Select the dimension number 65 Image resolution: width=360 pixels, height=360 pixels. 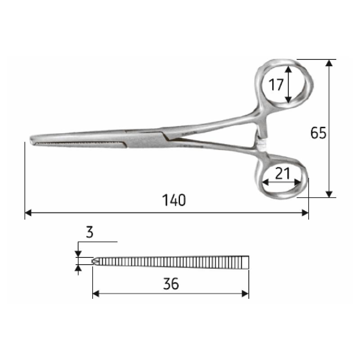point(318,133)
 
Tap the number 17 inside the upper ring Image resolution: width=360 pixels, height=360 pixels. point(276,84)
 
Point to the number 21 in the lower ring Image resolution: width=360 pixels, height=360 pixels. point(282,173)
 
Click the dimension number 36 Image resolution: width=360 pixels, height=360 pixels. point(171,283)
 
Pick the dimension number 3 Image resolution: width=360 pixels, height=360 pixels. point(89,232)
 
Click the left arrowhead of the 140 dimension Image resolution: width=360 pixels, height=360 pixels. point(28,212)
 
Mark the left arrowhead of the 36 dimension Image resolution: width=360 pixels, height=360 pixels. point(96,293)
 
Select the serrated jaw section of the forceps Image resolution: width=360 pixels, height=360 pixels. point(81,144)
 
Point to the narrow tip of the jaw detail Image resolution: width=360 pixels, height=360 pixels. point(95,261)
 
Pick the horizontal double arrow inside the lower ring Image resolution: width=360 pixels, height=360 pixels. point(282,182)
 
